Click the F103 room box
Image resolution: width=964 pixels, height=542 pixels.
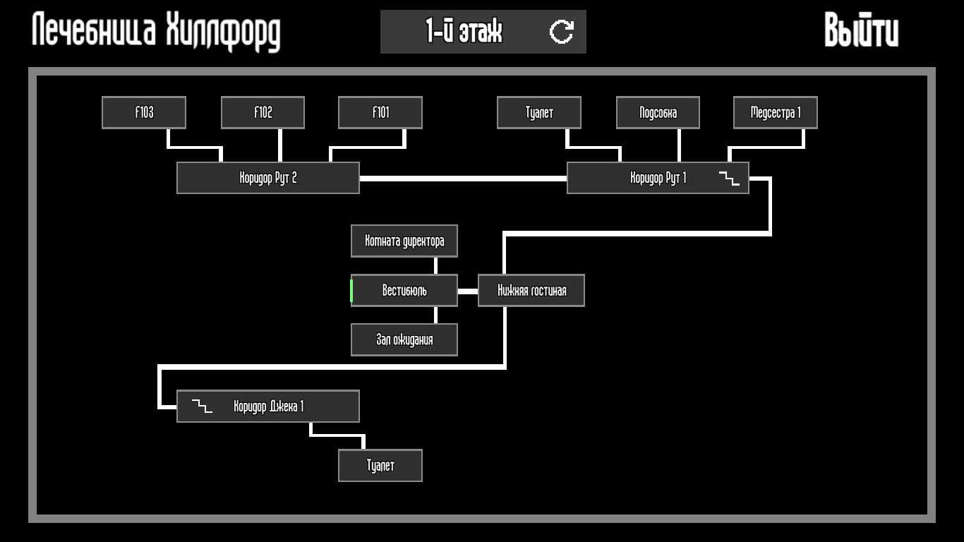(144, 113)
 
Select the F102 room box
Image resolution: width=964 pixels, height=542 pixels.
(263, 113)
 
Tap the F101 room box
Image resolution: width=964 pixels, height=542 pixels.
(380, 113)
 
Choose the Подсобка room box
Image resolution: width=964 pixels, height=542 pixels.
(658, 113)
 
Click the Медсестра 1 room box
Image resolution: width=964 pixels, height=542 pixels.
(776, 113)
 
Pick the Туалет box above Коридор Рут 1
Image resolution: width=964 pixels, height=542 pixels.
(539, 113)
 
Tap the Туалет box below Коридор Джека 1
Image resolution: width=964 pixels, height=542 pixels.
(380, 466)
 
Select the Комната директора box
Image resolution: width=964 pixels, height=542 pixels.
(404, 241)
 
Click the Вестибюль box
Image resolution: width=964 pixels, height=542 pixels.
(404, 291)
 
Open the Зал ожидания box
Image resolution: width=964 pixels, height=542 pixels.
(404, 340)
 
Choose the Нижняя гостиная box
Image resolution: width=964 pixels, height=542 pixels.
(531, 291)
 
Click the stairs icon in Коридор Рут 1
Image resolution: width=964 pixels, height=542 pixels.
(729, 178)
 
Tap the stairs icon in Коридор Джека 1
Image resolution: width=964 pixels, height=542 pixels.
(202, 406)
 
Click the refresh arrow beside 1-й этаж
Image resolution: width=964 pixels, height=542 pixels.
(562, 32)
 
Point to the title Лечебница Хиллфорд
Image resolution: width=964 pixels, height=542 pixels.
(156, 32)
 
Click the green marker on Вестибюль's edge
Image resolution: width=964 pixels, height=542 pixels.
(351, 291)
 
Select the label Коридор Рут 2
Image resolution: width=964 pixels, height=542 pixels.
(268, 178)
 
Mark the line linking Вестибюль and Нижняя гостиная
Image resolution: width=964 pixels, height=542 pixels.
(468, 291)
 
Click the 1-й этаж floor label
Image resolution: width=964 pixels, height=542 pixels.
(464, 32)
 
